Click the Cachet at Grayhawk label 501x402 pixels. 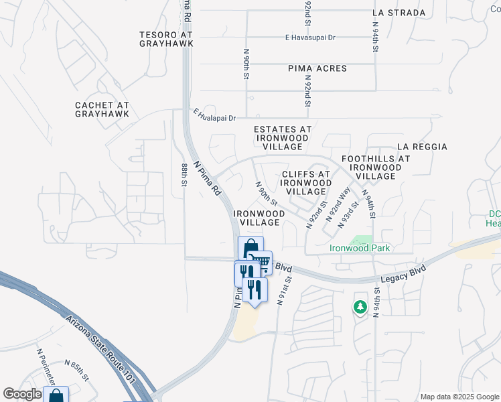pos(102,110)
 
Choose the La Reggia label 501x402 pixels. pos(422,147)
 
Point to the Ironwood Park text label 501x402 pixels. pos(360,248)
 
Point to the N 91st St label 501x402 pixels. pos(283,289)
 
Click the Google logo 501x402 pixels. pos(21,394)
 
